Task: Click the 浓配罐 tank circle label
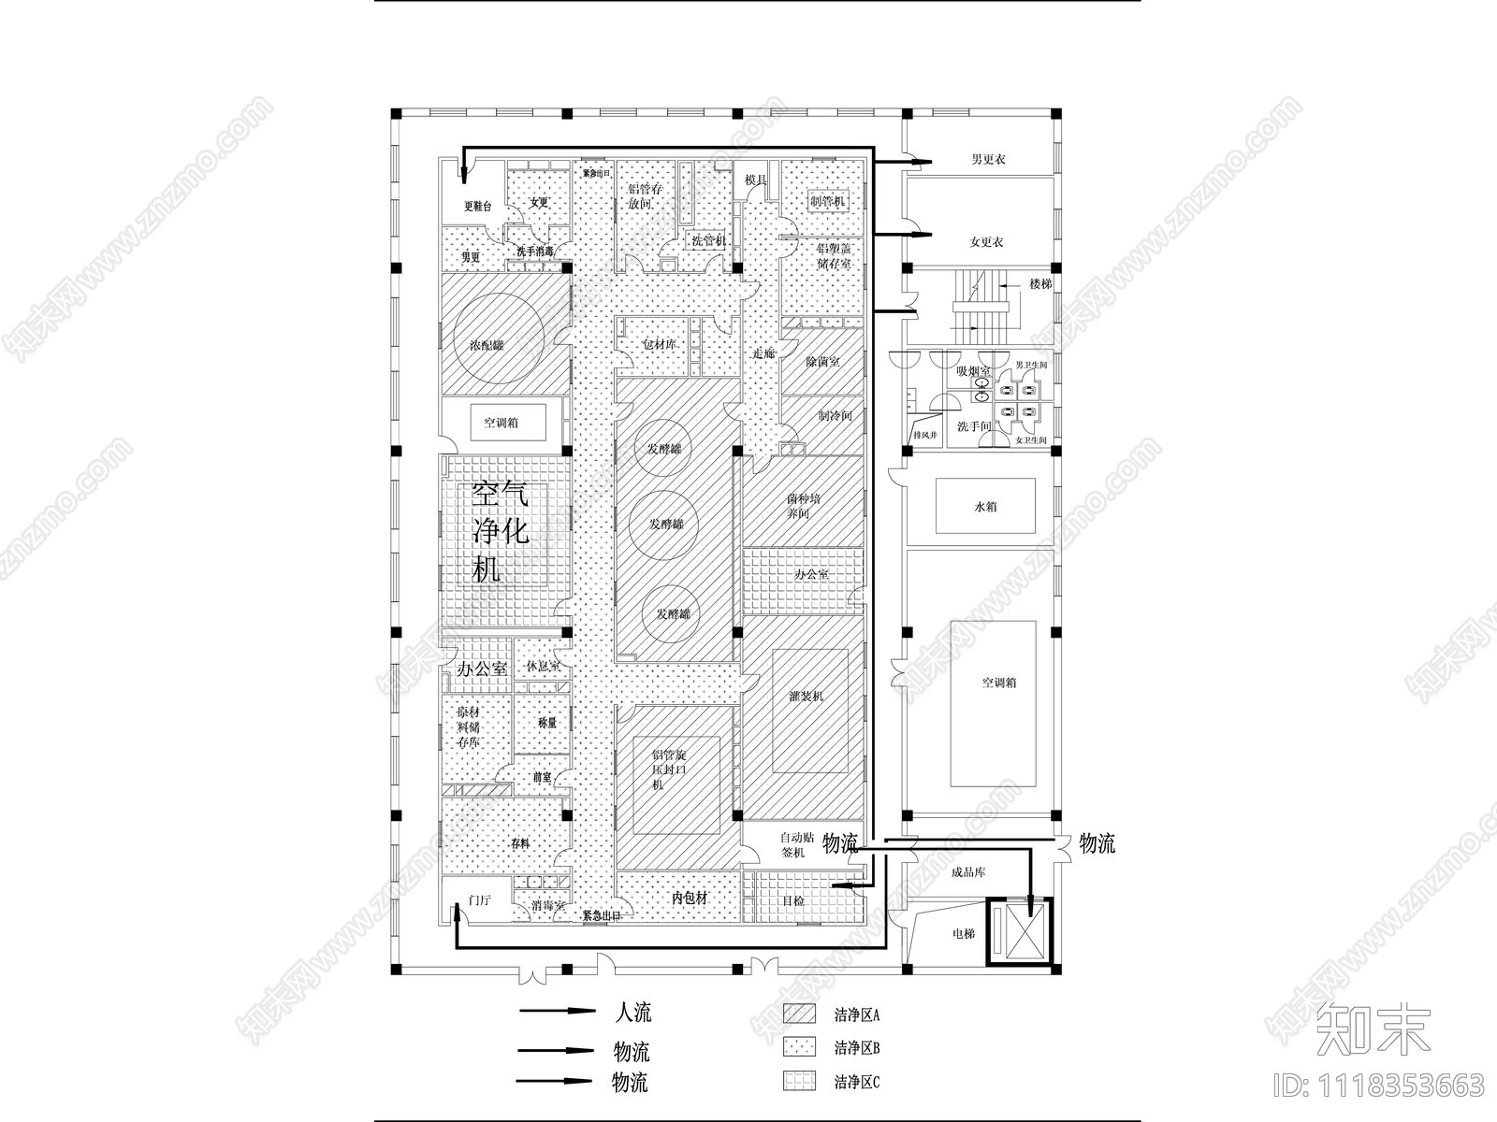click(x=486, y=345)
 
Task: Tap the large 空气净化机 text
click(x=501, y=530)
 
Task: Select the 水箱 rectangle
click(x=985, y=507)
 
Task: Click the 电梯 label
click(x=963, y=933)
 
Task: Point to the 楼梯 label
click(x=1040, y=283)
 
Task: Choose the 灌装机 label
click(x=806, y=696)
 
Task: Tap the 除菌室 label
click(x=822, y=361)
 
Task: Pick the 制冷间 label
click(x=835, y=415)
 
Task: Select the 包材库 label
click(x=659, y=345)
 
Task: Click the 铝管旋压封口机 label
click(x=669, y=770)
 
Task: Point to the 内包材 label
click(x=690, y=898)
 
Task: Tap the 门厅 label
click(x=479, y=900)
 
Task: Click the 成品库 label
click(x=967, y=872)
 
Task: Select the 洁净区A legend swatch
click(x=799, y=1014)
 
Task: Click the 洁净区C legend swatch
click(x=799, y=1082)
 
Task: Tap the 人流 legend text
click(x=633, y=1013)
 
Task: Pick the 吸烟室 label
click(x=973, y=371)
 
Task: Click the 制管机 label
click(x=826, y=201)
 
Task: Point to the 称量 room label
click(x=546, y=723)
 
